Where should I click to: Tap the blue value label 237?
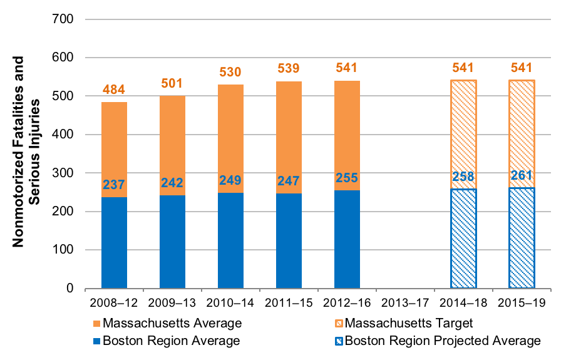(x=114, y=185)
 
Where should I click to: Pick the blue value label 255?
(x=347, y=178)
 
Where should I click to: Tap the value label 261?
(x=522, y=175)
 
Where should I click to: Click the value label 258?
(x=463, y=177)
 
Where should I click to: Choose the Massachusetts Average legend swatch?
(x=96, y=324)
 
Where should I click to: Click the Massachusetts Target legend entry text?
(x=408, y=324)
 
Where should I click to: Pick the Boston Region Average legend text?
(x=172, y=341)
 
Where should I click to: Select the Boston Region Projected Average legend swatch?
(x=338, y=341)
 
